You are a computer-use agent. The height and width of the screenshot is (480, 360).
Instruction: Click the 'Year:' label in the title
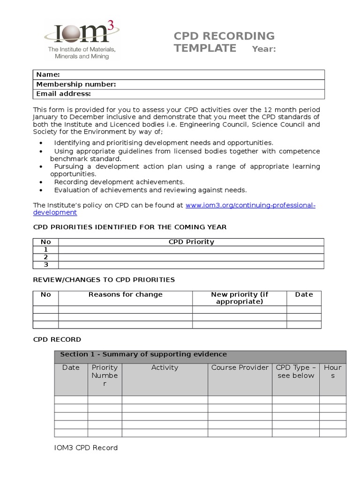coord(264,49)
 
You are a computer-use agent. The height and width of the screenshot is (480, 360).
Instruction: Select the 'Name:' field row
coord(179,75)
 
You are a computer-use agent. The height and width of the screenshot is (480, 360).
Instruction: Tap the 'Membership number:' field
coord(179,84)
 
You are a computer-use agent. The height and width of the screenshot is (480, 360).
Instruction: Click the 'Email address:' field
coord(179,94)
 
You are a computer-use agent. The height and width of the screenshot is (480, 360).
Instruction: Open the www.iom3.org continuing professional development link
coord(250,205)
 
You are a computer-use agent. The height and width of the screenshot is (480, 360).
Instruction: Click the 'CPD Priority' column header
coord(191,242)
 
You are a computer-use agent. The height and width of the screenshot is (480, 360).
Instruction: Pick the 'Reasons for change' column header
coord(125,294)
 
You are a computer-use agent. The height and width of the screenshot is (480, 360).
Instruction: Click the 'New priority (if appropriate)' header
coord(240,298)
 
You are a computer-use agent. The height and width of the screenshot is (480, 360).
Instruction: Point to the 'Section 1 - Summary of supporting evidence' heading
coord(143,354)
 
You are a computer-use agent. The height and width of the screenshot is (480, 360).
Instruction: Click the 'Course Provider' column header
coord(240,367)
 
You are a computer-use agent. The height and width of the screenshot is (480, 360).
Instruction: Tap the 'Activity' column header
coord(165,367)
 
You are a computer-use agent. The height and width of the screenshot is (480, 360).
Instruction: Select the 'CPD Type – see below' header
coord(296,371)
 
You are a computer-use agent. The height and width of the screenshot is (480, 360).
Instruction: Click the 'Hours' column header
coord(333,371)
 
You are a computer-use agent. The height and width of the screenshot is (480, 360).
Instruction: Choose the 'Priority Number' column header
coord(105,375)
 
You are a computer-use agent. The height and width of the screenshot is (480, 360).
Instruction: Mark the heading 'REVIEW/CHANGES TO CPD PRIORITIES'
coord(104,280)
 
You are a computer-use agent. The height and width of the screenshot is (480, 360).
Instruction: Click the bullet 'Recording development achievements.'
coord(119,182)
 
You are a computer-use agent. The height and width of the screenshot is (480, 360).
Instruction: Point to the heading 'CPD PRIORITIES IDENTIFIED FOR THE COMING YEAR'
coord(129,227)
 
